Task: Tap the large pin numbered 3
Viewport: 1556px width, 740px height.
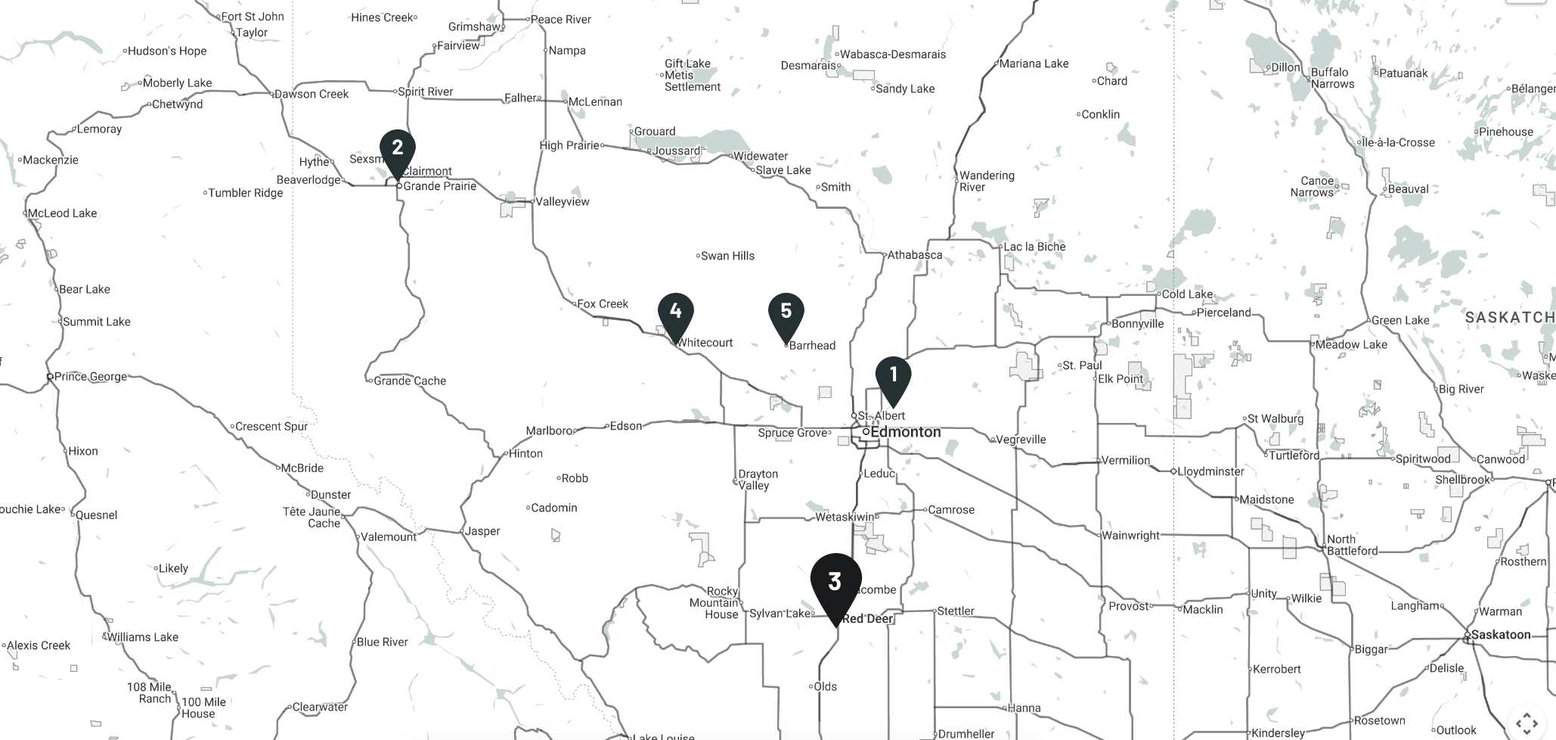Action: pyautogui.click(x=835, y=583)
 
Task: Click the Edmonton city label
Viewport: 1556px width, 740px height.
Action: pyautogui.click(x=905, y=432)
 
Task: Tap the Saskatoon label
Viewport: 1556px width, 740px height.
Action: pyautogui.click(x=1500, y=635)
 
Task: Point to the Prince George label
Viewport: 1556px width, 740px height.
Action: pyautogui.click(x=90, y=377)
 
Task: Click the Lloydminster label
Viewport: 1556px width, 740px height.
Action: pyautogui.click(x=1210, y=471)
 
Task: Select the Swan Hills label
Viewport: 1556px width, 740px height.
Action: pyautogui.click(x=727, y=256)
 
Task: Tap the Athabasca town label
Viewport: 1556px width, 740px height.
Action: pyautogui.click(x=914, y=255)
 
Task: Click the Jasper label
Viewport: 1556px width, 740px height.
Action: pyautogui.click(x=482, y=531)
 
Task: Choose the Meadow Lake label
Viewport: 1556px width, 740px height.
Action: pyautogui.click(x=1351, y=344)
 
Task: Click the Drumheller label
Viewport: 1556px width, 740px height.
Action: pyautogui.click(x=966, y=734)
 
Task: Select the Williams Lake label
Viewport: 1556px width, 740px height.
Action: pyautogui.click(x=142, y=637)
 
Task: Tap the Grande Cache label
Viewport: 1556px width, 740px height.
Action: pyautogui.click(x=410, y=381)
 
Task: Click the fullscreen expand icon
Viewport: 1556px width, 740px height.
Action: pyautogui.click(x=1527, y=723)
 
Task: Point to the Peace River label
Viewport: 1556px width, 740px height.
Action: pyautogui.click(x=560, y=20)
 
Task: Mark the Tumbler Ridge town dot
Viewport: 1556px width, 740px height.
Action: pyautogui.click(x=205, y=193)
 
